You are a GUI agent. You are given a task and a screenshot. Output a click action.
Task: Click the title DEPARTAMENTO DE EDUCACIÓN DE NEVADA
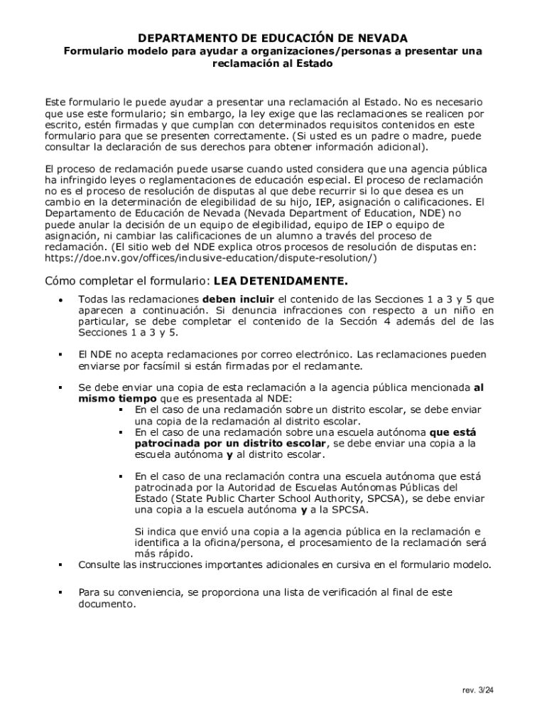point(273,37)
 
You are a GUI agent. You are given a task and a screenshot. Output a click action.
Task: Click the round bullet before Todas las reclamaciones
point(61,300)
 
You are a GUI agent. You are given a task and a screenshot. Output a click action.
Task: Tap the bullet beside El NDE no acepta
point(61,354)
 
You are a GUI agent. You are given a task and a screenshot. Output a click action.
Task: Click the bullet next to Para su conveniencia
point(61,592)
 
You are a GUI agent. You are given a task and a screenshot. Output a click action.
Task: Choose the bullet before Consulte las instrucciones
point(61,565)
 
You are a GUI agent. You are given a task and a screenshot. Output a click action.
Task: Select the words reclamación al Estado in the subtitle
point(273,64)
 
